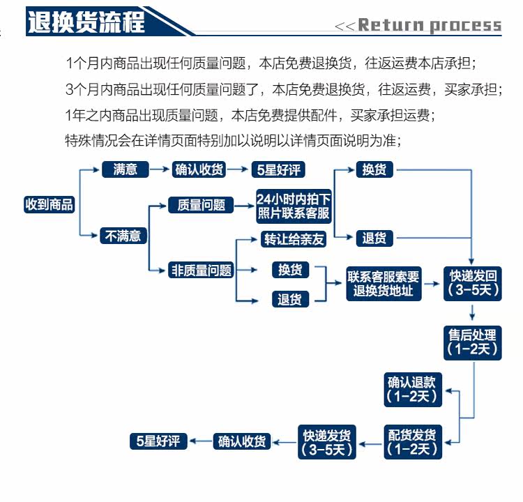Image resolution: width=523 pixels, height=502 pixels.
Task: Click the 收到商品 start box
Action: [x=49, y=204]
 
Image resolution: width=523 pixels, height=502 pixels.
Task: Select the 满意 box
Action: [x=126, y=169]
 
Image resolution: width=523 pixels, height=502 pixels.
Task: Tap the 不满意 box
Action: [x=123, y=236]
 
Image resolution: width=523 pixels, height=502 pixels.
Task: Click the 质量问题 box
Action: [x=201, y=205]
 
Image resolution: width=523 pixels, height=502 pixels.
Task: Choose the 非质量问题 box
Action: [x=201, y=270]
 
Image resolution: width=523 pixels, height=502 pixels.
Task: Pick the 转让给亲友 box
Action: [x=294, y=239]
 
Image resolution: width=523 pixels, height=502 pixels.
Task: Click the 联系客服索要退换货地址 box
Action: [x=384, y=283]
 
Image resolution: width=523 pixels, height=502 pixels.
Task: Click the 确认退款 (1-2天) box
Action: [x=412, y=389]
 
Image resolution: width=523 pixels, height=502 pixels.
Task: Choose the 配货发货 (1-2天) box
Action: [x=412, y=442]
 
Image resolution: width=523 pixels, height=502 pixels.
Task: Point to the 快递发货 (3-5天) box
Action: [x=327, y=442]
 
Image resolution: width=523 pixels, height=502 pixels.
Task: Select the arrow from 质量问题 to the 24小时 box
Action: [x=242, y=205]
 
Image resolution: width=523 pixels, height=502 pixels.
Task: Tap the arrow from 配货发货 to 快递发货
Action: [x=370, y=442]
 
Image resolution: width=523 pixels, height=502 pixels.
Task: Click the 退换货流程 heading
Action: [x=86, y=22]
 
